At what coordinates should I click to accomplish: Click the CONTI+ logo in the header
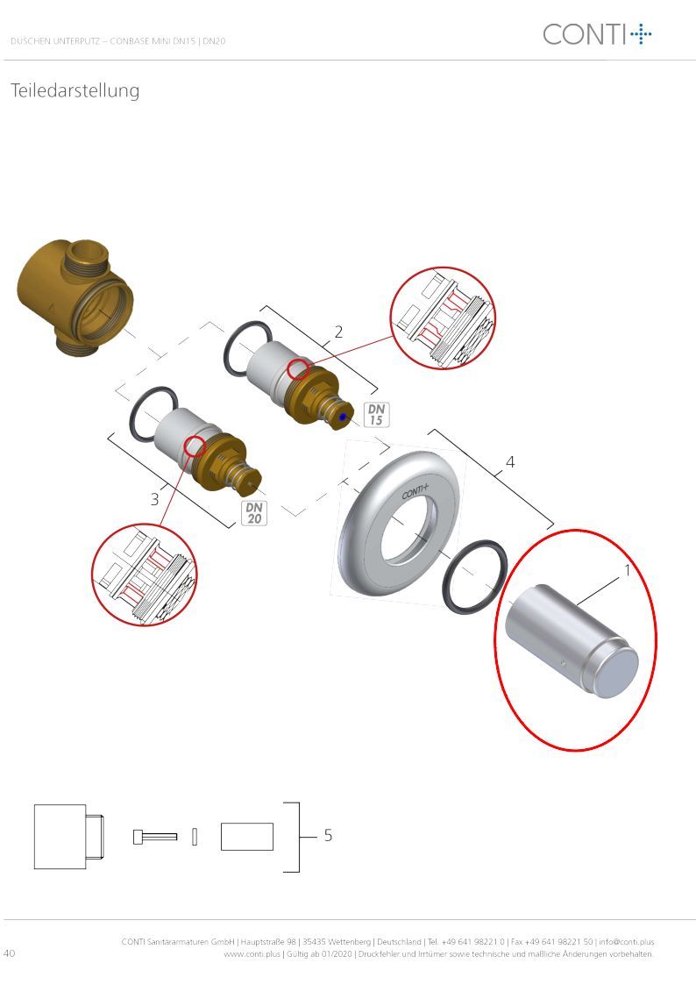pos(597,34)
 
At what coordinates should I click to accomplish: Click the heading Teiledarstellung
pos(75,91)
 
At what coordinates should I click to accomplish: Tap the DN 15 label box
pos(376,415)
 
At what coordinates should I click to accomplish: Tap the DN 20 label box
pos(254,512)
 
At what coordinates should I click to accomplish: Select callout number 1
pos(627,571)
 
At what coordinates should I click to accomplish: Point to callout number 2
pos(339,332)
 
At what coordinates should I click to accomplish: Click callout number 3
pos(155,499)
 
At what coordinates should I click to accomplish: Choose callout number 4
pos(510,462)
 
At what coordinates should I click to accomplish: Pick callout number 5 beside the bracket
pos(328,835)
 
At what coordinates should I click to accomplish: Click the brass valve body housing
pos(75,297)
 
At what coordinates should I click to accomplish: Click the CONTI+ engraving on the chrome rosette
pos(415,491)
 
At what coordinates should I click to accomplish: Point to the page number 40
pos(10,953)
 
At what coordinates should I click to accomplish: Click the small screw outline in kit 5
pos(155,837)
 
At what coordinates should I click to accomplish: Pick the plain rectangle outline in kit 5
pos(246,837)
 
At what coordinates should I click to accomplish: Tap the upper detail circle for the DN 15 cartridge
pos(443,318)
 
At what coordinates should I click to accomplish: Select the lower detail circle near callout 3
pos(145,575)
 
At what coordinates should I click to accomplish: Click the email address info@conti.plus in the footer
pos(627,942)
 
